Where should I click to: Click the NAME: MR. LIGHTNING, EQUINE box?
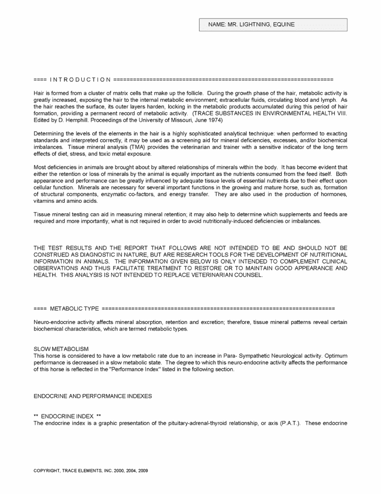click(273, 25)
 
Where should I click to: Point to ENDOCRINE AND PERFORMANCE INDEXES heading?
click(92, 396)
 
